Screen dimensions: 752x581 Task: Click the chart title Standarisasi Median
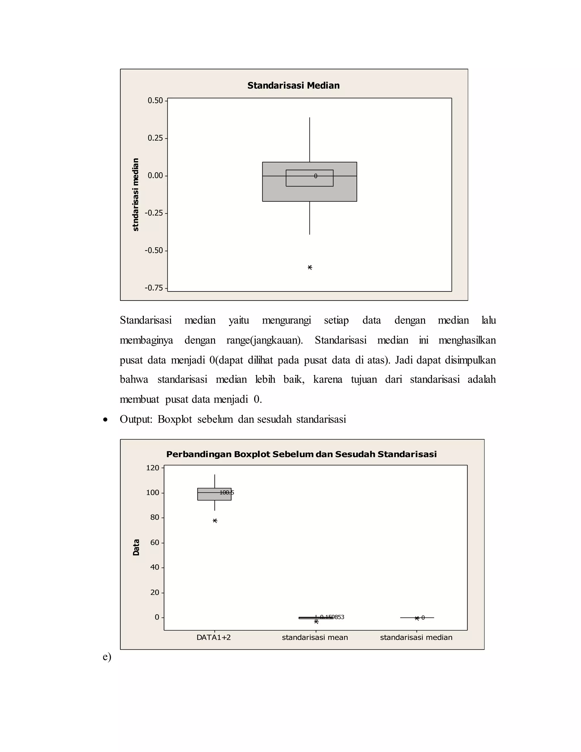tap(293, 85)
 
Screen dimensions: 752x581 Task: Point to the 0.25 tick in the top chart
tap(155, 138)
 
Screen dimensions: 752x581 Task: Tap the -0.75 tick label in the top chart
tap(154, 287)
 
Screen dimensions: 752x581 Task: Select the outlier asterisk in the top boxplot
tap(310, 268)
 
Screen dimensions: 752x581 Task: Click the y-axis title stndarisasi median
tap(136, 195)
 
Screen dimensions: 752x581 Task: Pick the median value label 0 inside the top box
tap(316, 176)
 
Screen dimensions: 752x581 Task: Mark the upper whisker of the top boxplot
tap(310, 139)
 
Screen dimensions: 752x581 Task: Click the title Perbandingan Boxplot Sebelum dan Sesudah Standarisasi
tap(301, 454)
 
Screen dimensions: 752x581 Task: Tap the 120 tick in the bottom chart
tap(153, 468)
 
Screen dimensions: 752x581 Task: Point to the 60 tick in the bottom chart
tap(155, 542)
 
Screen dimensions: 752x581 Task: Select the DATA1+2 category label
tap(213, 637)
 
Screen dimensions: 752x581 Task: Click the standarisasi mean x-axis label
tap(315, 637)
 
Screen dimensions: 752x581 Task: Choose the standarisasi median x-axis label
tap(416, 637)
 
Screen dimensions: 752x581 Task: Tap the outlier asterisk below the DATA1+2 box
tap(215, 521)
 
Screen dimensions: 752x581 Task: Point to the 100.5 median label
tap(227, 492)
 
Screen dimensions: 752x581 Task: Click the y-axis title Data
tap(136, 547)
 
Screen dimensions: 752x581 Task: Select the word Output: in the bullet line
tap(136, 419)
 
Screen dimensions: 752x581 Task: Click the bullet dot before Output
tap(105, 420)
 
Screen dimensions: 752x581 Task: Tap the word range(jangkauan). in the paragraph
tap(264, 340)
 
